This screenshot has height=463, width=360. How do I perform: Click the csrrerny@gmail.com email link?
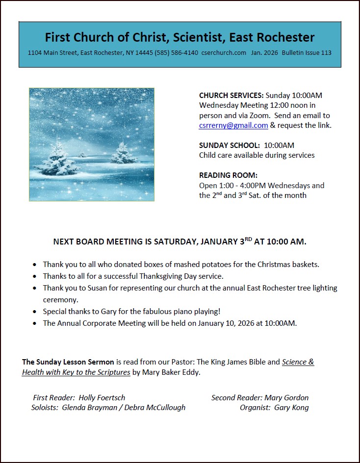pos(233,125)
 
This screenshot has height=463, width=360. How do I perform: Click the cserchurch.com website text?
pos(224,53)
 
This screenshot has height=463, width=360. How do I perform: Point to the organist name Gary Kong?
pos(291,408)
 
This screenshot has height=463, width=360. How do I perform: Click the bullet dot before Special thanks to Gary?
pos(34,312)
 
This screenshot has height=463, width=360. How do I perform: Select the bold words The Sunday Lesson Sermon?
pos(68,362)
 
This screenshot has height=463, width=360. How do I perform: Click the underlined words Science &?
pos(298,362)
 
